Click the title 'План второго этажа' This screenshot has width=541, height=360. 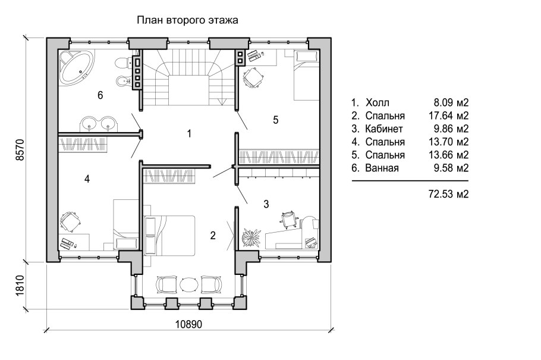click(187, 20)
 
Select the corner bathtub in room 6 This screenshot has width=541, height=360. click(76, 66)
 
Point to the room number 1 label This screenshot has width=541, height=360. click(188, 133)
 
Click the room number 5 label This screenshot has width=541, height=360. click(275, 120)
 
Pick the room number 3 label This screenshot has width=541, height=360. click(266, 204)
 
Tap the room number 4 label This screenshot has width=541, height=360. click(87, 179)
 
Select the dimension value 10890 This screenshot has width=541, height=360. click(188, 324)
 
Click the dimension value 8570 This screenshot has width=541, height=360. click(20, 149)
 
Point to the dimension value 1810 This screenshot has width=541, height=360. click(20, 285)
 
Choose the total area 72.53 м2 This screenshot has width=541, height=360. click(448, 194)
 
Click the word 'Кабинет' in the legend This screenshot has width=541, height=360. click(384, 129)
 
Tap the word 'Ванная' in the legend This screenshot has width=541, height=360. click(382, 168)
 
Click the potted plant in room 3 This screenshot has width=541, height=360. click(251, 237)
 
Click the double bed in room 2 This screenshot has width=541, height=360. click(169, 236)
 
